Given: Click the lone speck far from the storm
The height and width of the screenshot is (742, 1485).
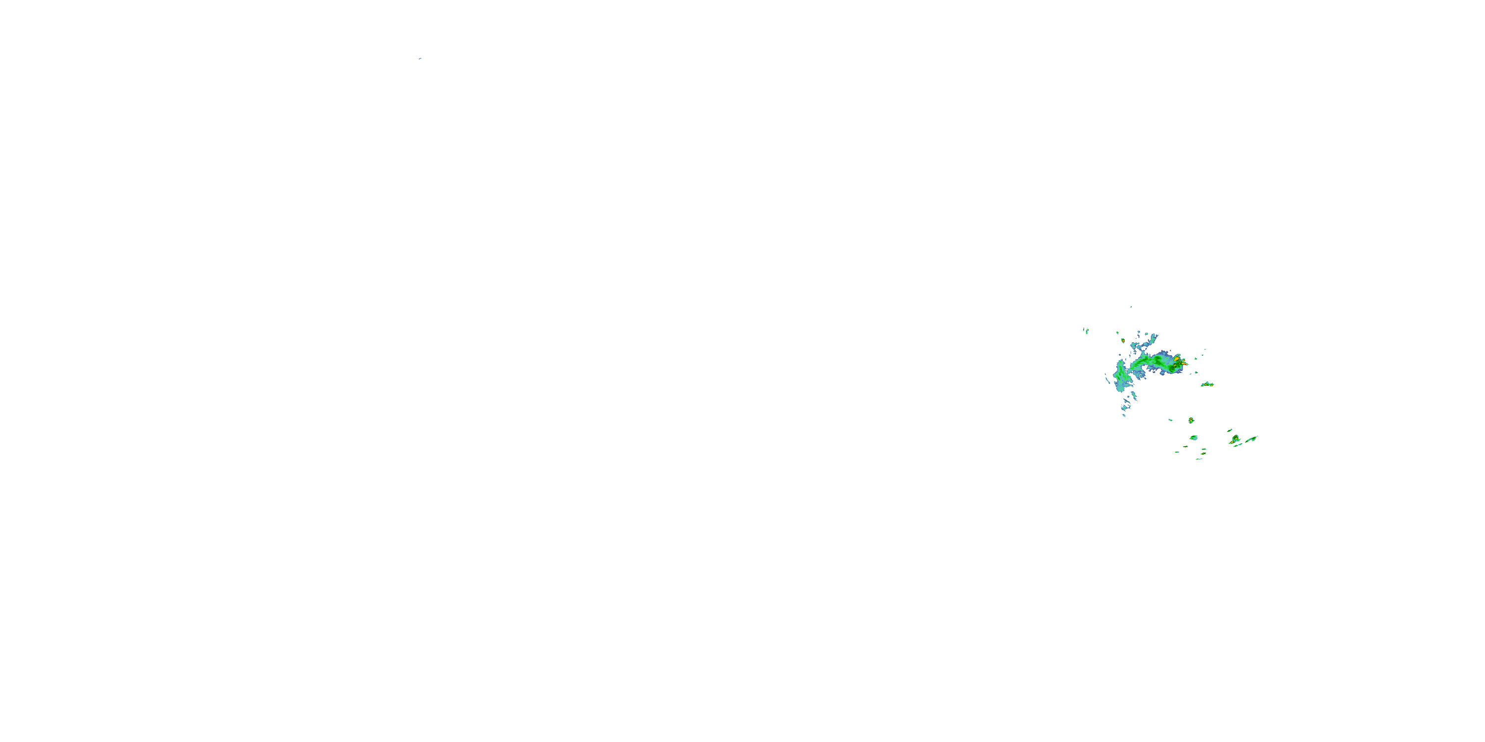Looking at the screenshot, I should (420, 58).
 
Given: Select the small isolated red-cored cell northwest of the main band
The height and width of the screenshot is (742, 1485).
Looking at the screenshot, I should (1123, 340).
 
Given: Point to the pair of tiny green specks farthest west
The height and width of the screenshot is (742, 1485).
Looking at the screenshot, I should (1086, 330).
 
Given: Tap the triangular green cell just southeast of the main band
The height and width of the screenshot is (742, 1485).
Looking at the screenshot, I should (1207, 384).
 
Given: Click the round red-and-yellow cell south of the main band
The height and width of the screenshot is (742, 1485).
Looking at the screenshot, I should (1191, 420).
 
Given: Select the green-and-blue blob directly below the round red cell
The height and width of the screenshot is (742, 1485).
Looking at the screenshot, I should (1193, 438).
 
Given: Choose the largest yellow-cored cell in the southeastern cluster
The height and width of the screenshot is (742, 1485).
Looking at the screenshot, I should (1235, 440).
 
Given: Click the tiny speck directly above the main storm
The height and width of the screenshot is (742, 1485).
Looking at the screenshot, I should (1131, 307).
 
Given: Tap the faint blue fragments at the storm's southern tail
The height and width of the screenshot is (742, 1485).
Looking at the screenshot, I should (1124, 410).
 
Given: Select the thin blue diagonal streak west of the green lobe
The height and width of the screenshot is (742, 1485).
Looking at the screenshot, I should (1107, 379).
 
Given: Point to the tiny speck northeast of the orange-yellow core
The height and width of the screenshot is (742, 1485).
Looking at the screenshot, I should (1205, 350).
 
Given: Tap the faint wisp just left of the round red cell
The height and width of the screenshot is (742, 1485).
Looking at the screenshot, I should (1170, 420).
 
